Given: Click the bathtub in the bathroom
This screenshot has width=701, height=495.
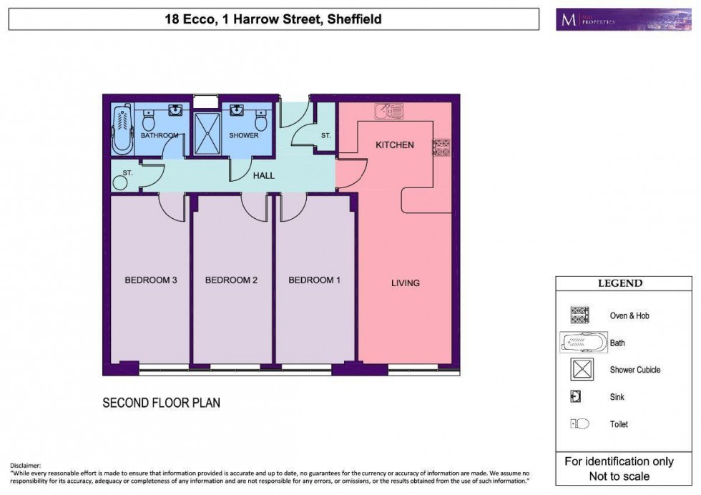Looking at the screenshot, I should click(x=122, y=128).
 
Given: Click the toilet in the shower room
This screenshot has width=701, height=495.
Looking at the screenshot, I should click(x=261, y=123).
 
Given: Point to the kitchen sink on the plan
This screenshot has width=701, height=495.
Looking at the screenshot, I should click(x=389, y=111).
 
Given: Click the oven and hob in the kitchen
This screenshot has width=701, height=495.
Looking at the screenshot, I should click(x=441, y=147).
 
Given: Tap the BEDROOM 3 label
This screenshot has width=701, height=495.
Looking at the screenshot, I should click(x=151, y=280).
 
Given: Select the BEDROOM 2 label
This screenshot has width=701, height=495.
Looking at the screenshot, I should click(x=231, y=280).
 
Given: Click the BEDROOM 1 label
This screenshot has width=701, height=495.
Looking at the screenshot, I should click(x=315, y=280).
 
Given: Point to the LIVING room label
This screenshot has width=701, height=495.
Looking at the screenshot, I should click(x=405, y=283).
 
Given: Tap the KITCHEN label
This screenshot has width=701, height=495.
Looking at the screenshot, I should click(x=395, y=145).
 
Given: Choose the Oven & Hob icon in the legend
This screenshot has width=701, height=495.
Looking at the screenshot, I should click(x=579, y=315).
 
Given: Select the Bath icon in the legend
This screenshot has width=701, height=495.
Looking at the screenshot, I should click(x=583, y=343).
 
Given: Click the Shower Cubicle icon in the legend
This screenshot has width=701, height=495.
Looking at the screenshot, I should click(x=579, y=370).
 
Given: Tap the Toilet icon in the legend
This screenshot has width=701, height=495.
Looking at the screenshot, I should click(x=579, y=424).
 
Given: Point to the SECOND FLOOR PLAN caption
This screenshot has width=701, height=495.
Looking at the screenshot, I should click(x=161, y=403).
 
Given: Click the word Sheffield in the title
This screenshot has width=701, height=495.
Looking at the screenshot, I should click(x=354, y=19).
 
